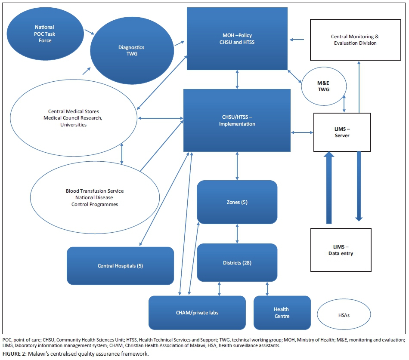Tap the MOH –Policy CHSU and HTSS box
237,39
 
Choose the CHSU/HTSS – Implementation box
237,120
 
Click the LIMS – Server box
342,132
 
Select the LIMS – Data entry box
341,249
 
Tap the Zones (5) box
237,202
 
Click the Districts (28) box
237,262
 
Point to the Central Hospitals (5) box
120,265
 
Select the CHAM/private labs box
197,313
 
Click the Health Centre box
282,313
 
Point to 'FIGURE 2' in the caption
13,354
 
